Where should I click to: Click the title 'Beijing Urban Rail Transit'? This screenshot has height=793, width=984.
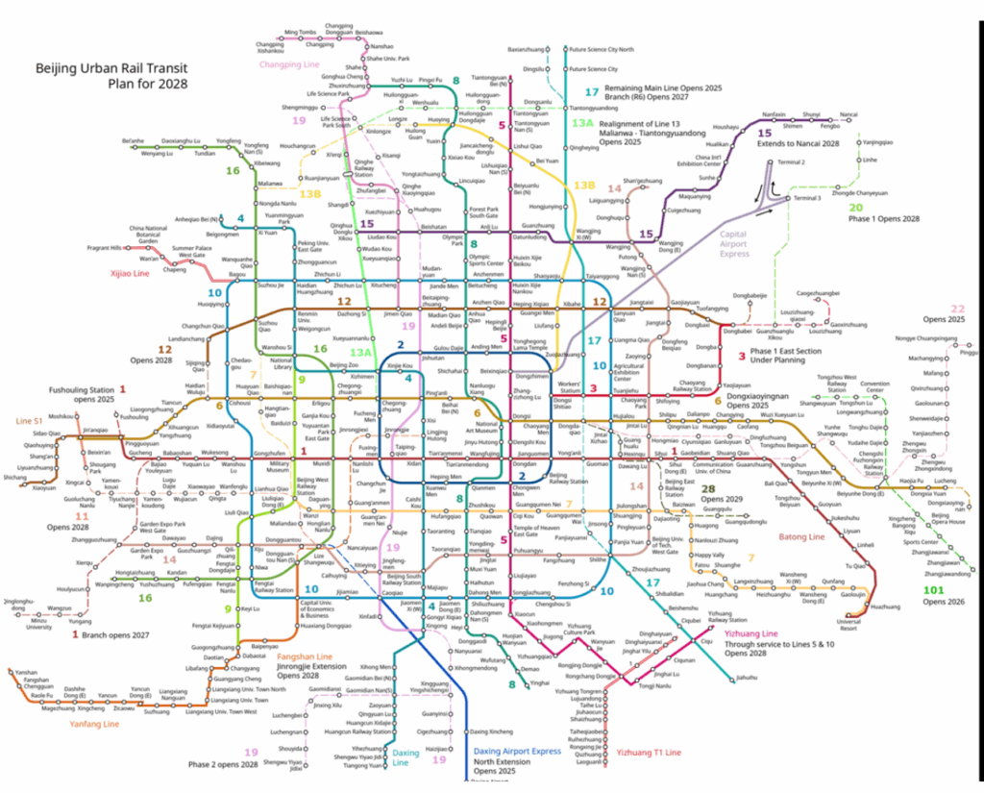pos(111,68)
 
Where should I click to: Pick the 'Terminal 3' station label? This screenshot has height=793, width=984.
pos(806,198)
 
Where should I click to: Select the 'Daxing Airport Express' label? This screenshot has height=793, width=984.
pos(516,750)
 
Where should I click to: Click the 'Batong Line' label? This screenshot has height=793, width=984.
pos(802,536)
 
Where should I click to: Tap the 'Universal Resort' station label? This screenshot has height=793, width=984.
pos(849,626)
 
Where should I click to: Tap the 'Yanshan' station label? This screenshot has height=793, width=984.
pos(26,672)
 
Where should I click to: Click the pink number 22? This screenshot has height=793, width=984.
pos(957,309)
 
